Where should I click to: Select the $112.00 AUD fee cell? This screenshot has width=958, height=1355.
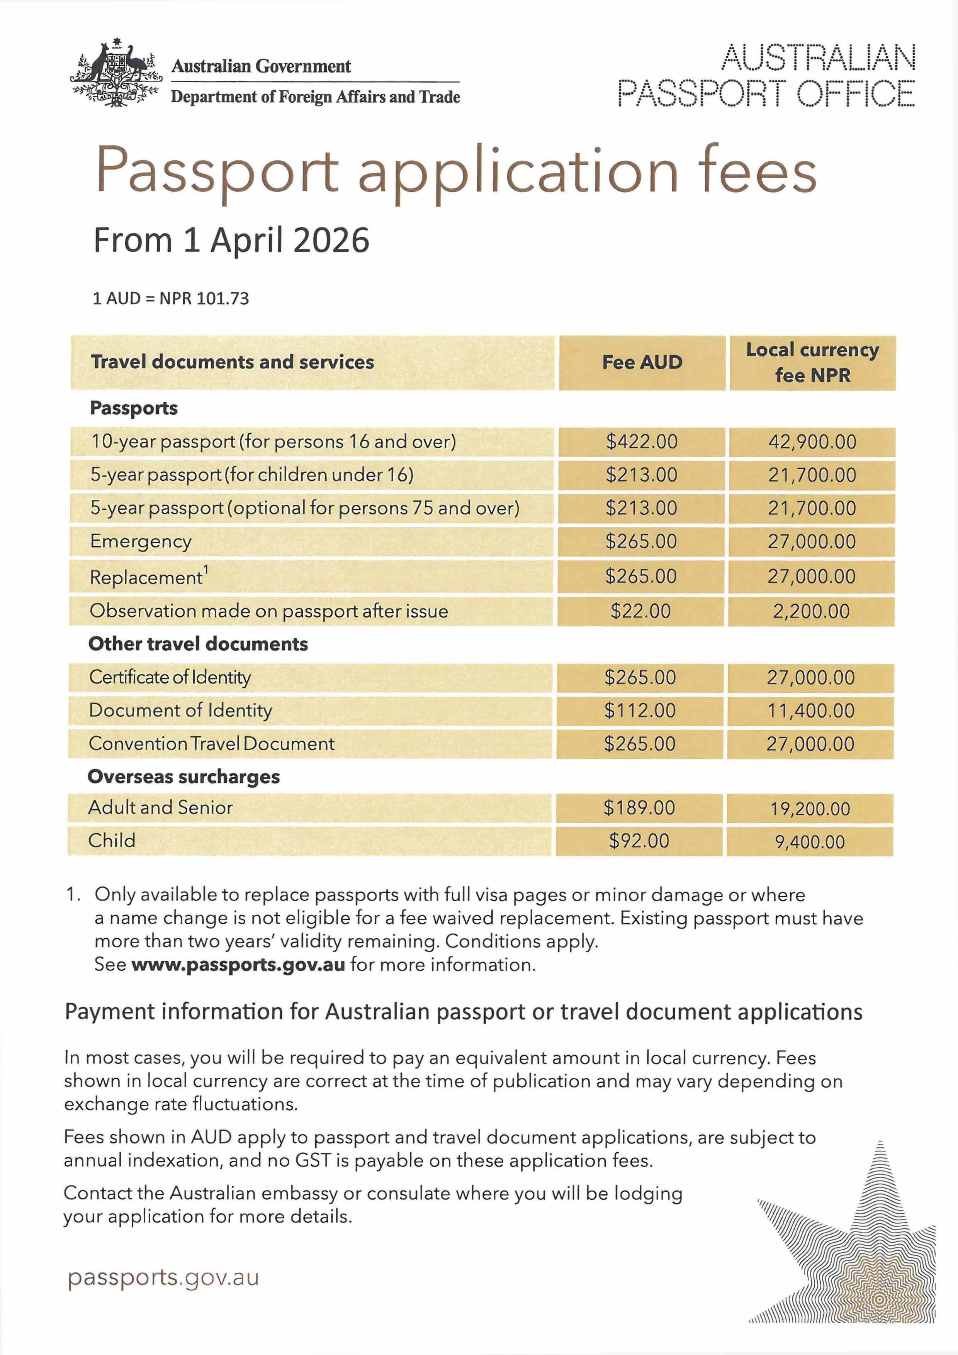[639, 711]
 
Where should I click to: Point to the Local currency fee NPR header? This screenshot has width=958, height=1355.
[812, 362]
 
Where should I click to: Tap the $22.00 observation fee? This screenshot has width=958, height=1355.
[640, 611]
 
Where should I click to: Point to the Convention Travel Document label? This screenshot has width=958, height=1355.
[211, 744]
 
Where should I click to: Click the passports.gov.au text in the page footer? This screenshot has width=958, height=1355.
[163, 1278]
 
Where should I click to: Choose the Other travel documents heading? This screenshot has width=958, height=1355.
[198, 644]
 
